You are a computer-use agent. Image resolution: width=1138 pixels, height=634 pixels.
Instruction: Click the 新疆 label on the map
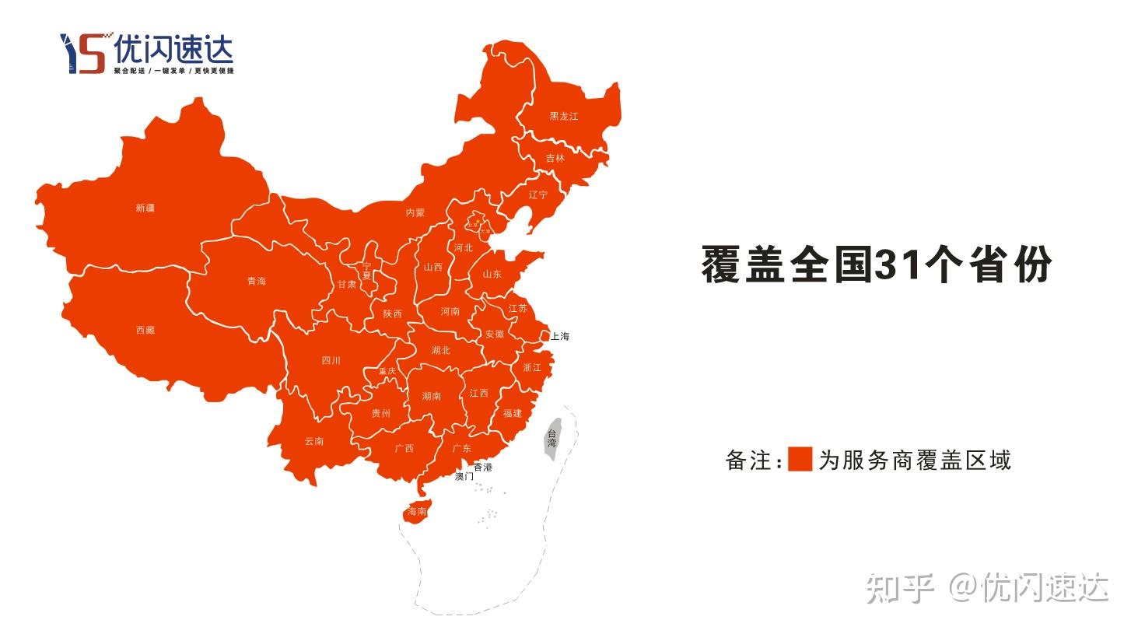(145, 208)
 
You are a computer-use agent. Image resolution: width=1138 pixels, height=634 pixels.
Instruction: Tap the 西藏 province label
(145, 331)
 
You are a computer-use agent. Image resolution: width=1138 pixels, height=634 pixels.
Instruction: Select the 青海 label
(257, 281)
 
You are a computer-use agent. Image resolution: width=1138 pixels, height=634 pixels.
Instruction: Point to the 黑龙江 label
(564, 117)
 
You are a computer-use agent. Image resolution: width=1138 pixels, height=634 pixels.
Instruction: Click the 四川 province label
(331, 361)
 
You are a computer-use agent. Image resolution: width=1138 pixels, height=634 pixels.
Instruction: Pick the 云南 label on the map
(314, 442)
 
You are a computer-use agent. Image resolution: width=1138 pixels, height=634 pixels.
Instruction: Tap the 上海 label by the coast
(560, 337)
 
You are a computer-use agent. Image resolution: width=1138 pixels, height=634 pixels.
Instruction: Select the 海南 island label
(417, 512)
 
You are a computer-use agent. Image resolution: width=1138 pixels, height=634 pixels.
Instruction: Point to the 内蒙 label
(415, 212)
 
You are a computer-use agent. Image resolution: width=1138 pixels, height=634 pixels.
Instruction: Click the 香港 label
(483, 468)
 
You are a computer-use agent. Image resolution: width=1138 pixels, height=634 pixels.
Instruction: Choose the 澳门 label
(464, 476)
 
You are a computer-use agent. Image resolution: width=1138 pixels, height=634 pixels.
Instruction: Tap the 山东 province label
(492, 275)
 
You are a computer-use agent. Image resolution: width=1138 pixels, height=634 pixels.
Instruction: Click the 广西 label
(404, 449)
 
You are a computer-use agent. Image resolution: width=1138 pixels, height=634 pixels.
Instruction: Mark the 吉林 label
(555, 158)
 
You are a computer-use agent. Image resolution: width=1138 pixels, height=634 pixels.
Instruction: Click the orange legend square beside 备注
(800, 459)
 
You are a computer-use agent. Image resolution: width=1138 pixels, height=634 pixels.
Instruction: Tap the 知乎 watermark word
(900, 588)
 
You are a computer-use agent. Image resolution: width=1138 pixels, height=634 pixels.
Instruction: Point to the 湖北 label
(441, 351)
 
